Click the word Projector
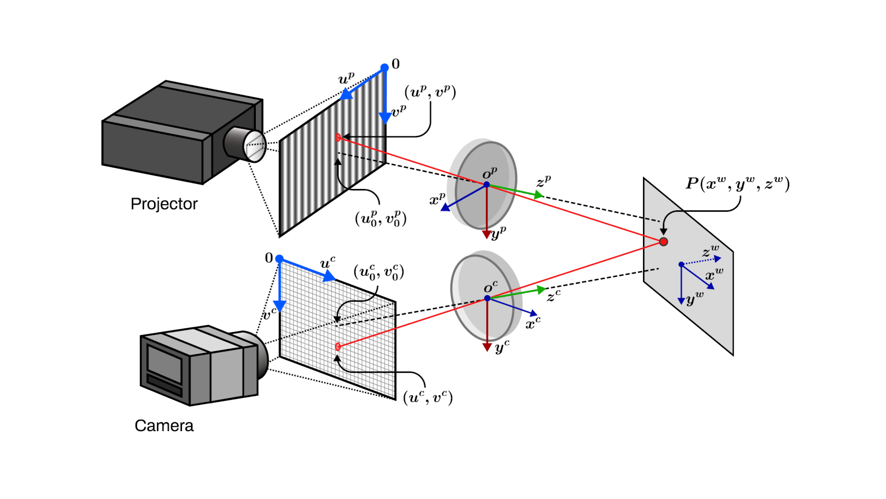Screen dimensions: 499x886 coord(164,204)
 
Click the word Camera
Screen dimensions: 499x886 coord(164,426)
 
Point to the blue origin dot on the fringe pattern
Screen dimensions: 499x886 coord(385,68)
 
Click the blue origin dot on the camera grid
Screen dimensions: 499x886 coord(279,259)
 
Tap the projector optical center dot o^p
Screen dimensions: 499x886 coord(486,185)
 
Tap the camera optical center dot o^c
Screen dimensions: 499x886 coord(487,298)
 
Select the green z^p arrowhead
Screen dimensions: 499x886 coord(538,195)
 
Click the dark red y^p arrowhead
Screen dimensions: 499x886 coord(486,235)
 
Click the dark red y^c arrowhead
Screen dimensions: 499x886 coord(487,347)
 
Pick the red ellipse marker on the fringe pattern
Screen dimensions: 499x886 coord(338,138)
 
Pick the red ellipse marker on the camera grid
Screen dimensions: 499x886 coord(338,347)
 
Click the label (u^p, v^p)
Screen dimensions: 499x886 coord(430,92)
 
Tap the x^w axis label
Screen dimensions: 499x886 coord(714,274)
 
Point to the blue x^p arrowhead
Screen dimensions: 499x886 coord(445,207)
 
